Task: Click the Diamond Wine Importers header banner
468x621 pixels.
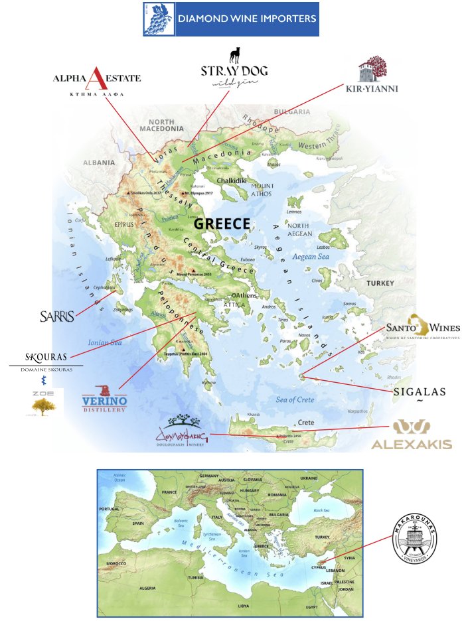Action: click(231, 19)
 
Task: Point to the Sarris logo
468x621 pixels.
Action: click(56, 316)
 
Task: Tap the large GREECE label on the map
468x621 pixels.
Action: click(222, 224)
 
